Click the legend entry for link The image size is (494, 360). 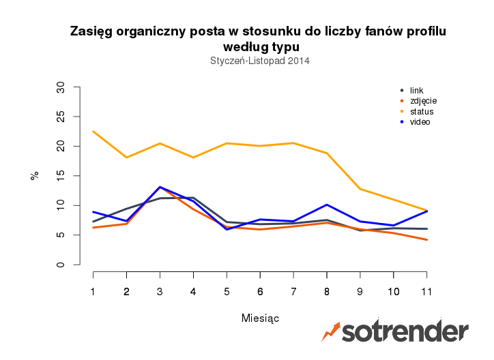(x=416, y=91)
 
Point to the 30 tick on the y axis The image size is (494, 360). (x=61, y=87)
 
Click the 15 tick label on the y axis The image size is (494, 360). (x=61, y=176)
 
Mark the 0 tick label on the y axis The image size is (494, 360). (x=61, y=265)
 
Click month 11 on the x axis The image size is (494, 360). (x=426, y=291)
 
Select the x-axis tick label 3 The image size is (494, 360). (x=160, y=291)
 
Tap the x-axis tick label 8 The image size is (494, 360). (x=327, y=291)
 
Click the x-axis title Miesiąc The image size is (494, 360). (x=260, y=318)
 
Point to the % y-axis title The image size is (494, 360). (x=35, y=175)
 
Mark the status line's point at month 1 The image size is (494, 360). (x=93, y=132)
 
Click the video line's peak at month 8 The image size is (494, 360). (x=327, y=205)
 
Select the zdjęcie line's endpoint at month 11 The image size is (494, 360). (x=426, y=240)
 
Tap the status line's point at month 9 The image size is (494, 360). (x=360, y=189)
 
